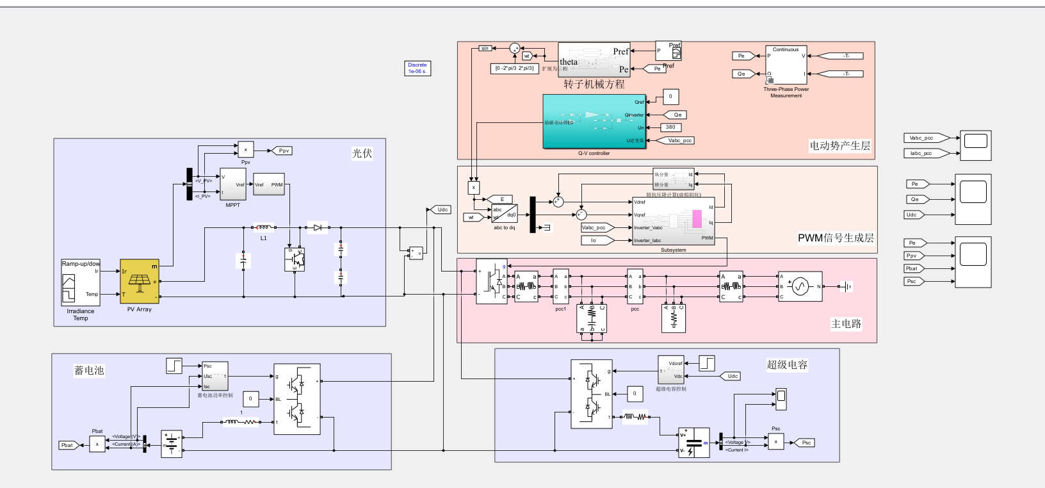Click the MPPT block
tap(232, 184)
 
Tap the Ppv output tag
tap(283, 150)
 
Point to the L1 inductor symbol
tap(264, 227)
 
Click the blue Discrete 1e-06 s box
tap(417, 68)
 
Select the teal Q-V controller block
tap(594, 122)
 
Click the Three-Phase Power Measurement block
tap(786, 65)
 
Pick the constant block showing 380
tap(670, 127)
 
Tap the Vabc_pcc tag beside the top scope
tap(922, 138)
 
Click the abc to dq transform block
tap(504, 213)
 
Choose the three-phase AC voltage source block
tap(800, 286)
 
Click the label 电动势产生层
tap(839, 145)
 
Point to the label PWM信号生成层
tap(835, 238)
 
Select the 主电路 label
tap(846, 324)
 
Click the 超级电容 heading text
tap(787, 364)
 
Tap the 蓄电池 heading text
tap(89, 370)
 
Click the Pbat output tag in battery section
tap(67, 445)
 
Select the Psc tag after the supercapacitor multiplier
tap(805, 443)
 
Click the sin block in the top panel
tap(485, 48)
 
